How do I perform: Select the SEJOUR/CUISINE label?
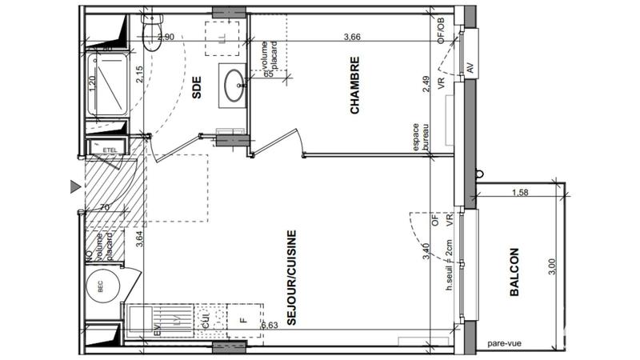coord(293,277)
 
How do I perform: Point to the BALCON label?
coord(514,272)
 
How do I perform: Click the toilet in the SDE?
coord(149,30)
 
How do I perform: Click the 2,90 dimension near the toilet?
coord(166,37)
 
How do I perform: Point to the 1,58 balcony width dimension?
coord(519,191)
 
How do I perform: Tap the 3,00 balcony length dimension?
coord(550,266)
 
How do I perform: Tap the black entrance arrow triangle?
coord(74,186)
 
